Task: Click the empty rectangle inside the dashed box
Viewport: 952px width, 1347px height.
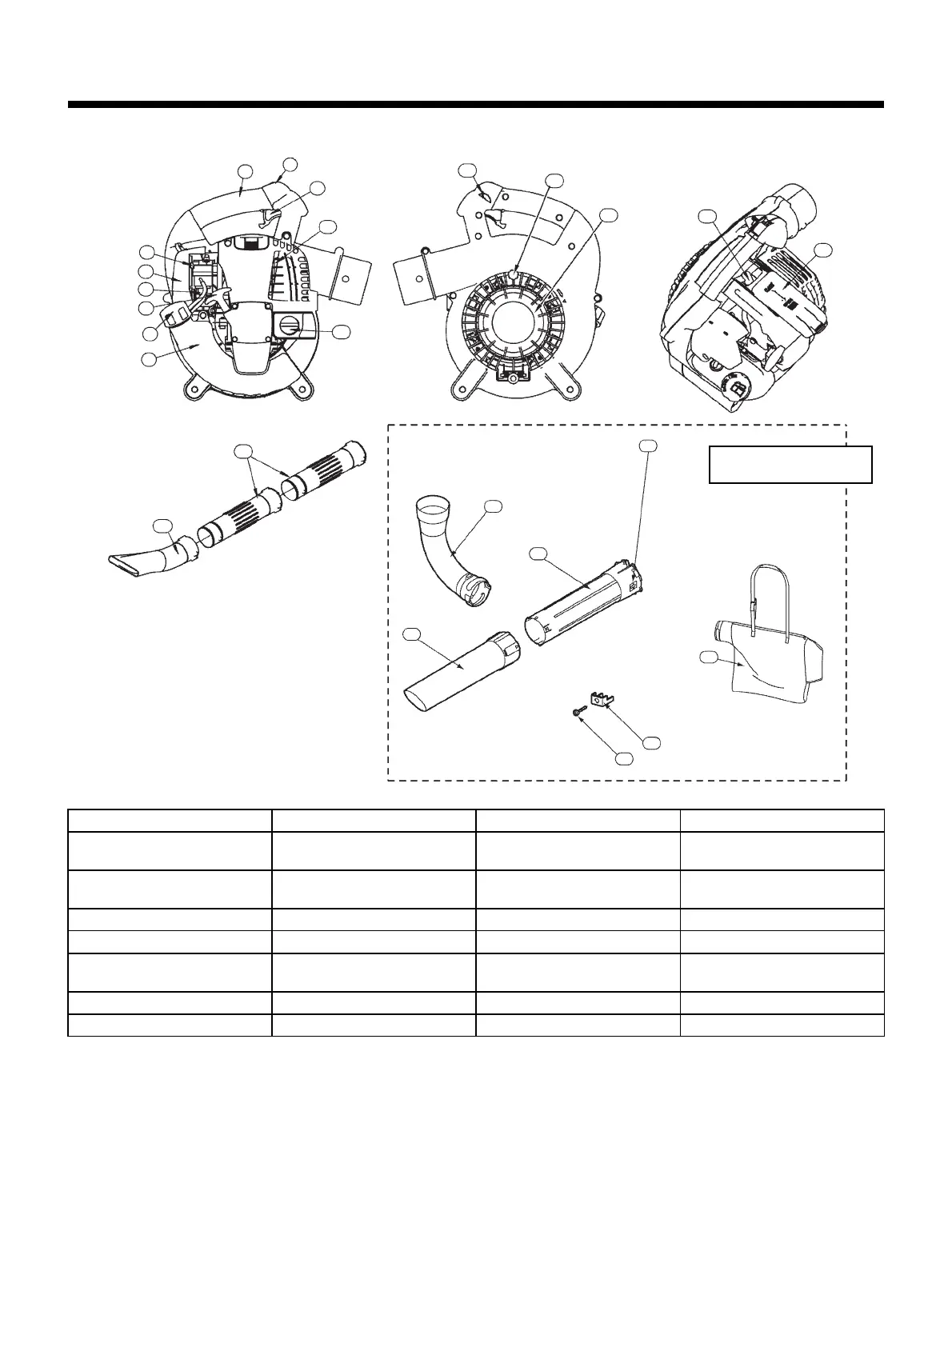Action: pyautogui.click(x=790, y=465)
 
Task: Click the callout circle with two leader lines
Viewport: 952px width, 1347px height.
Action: pyautogui.click(x=243, y=451)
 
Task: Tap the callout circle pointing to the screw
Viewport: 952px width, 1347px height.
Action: pyautogui.click(x=623, y=757)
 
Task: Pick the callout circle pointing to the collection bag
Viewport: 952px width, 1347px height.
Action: pyautogui.click(x=706, y=657)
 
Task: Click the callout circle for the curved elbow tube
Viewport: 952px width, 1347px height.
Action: pyautogui.click(x=494, y=506)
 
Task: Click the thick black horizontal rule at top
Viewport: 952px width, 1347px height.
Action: pyautogui.click(x=476, y=104)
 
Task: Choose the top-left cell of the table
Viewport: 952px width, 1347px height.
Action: pyautogui.click(x=170, y=820)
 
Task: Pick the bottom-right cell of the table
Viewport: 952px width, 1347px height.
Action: pyautogui.click(x=782, y=1025)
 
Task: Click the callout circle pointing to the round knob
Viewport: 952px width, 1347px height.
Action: pyautogui.click(x=341, y=331)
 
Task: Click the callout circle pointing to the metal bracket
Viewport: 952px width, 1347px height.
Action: pyautogui.click(x=652, y=742)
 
